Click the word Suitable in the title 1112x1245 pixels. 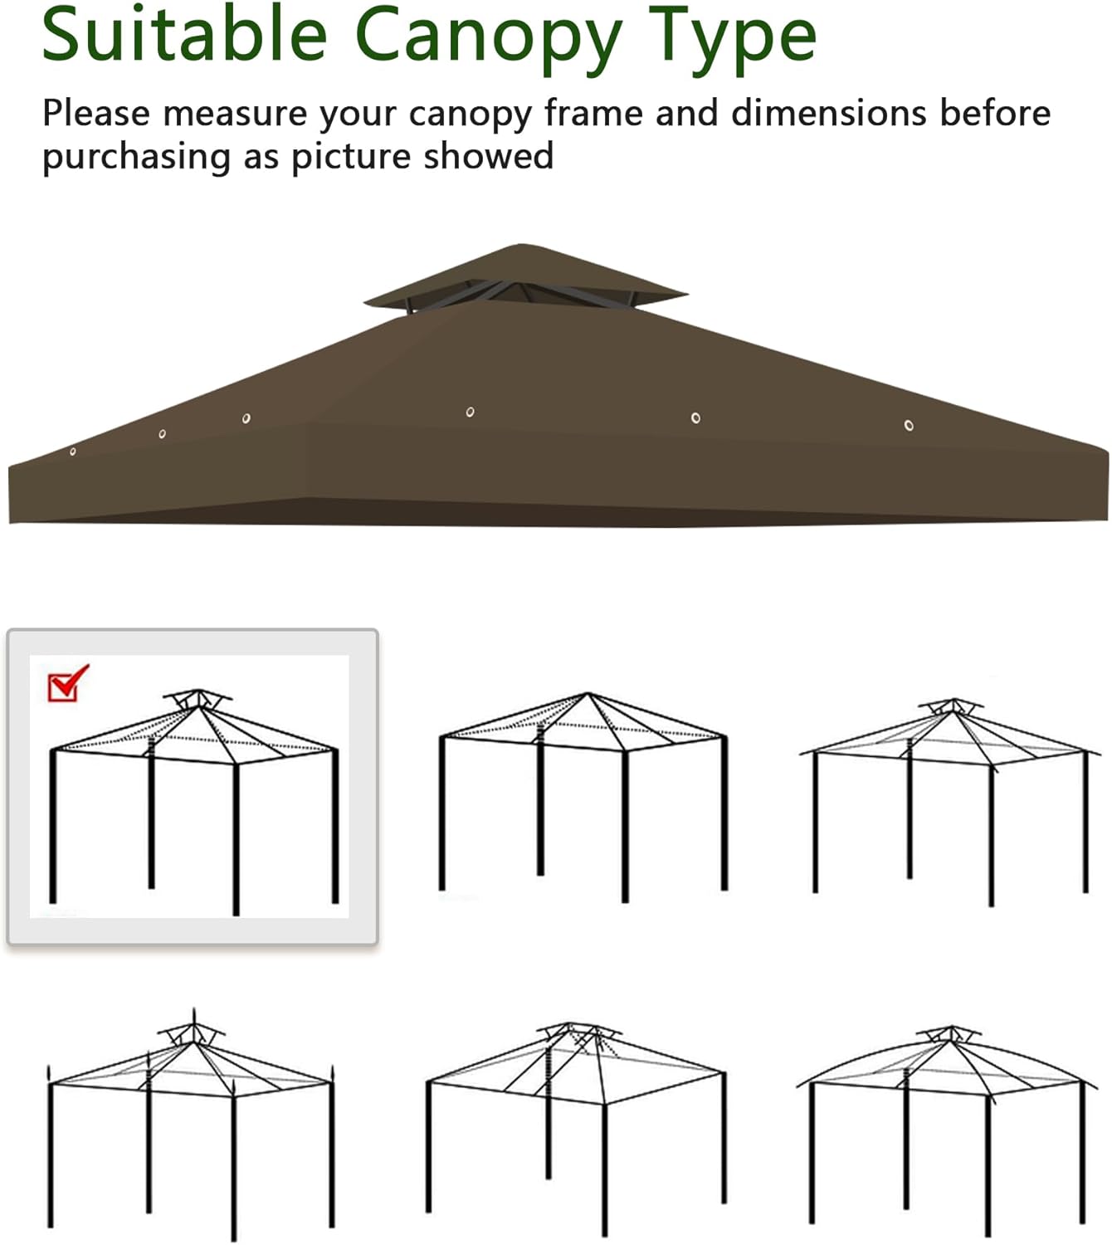(184, 34)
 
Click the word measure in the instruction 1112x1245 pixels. (235, 115)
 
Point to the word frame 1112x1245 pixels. (594, 114)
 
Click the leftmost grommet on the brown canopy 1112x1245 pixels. (73, 452)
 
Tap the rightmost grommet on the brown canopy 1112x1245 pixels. (909, 425)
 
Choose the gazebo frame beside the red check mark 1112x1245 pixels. (194, 802)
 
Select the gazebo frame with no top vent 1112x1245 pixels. (583, 798)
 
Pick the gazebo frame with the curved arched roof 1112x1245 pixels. (947, 1130)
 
